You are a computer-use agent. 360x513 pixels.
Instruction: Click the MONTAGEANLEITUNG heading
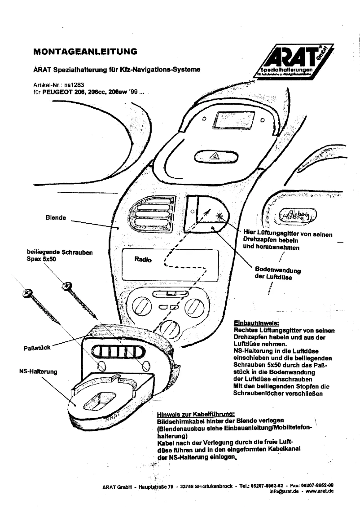(x=85, y=52)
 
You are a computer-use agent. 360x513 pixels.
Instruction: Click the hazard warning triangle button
(x=214, y=157)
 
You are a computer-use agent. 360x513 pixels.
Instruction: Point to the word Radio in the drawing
(x=143, y=259)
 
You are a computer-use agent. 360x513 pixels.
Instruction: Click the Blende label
(x=56, y=217)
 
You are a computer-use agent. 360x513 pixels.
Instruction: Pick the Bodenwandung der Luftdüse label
(x=277, y=273)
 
